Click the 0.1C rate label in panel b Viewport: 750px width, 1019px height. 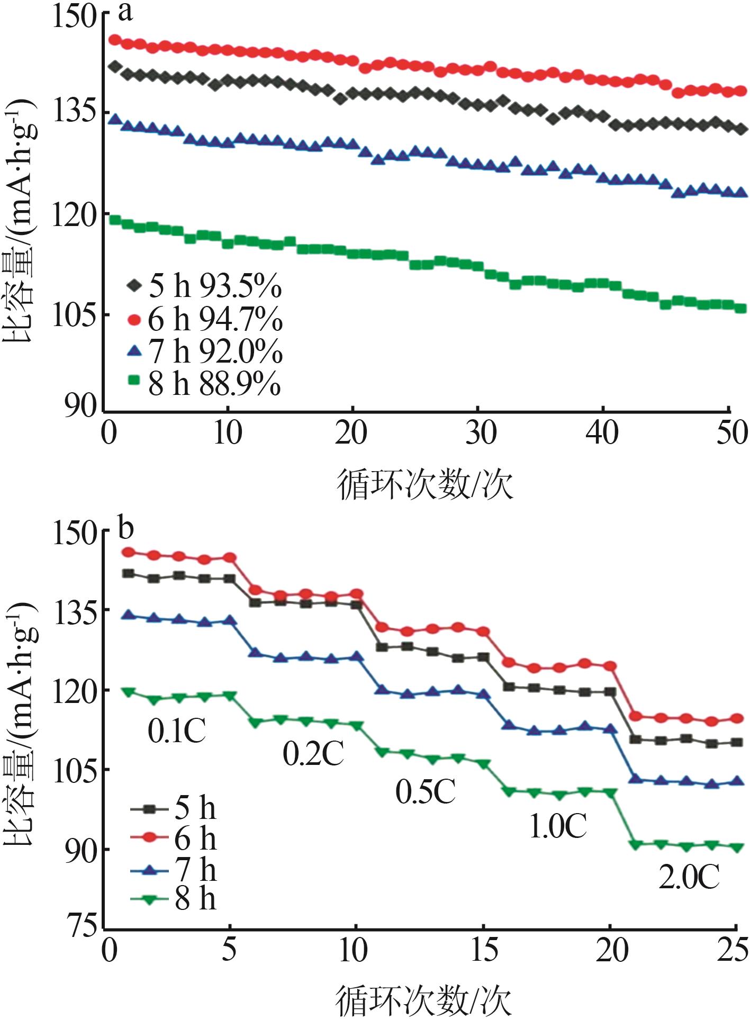176,731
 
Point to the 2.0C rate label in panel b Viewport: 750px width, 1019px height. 689,878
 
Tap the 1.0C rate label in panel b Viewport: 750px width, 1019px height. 557,827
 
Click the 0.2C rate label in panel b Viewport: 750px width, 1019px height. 313,754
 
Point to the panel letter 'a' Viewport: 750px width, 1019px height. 125,12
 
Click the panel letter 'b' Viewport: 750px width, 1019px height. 125,528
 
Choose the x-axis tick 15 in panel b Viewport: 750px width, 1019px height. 483,951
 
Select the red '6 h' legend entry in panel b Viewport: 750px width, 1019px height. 175,839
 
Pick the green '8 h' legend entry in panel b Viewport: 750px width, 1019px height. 175,899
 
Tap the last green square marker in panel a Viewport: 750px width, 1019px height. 740,309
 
